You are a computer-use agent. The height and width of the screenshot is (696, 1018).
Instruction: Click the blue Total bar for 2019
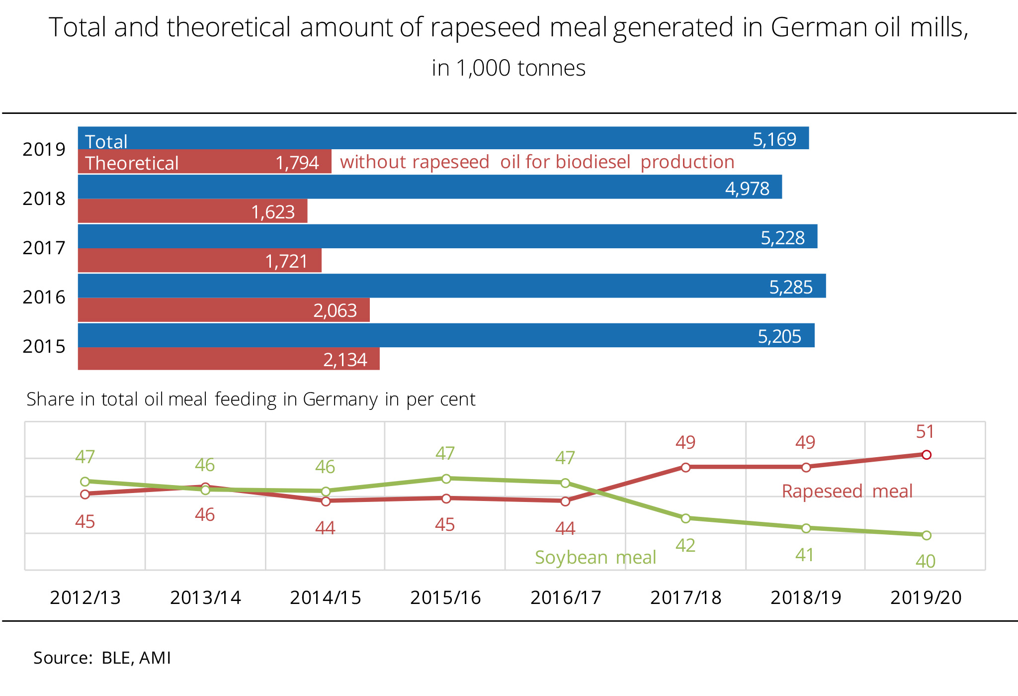(x=442, y=138)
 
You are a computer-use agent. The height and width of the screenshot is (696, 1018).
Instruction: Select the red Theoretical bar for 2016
(x=224, y=310)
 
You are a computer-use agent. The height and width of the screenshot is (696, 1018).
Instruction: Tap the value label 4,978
(x=747, y=189)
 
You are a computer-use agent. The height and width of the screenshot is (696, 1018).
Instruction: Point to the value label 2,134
(x=345, y=360)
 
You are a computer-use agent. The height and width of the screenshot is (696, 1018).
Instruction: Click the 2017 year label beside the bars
(x=44, y=248)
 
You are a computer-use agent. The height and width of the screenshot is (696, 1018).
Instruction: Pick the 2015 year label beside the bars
(x=44, y=346)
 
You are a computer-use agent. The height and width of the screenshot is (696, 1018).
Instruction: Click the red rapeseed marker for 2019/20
(x=927, y=455)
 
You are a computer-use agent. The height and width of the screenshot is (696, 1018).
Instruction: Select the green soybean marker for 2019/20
(x=927, y=535)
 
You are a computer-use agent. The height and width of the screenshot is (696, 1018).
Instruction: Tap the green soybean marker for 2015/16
(x=446, y=479)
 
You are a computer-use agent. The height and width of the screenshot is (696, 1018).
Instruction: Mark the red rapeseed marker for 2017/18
(x=685, y=467)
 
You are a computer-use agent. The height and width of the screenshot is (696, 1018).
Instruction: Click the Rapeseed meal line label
(x=847, y=492)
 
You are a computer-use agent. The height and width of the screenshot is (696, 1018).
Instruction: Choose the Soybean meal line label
(x=595, y=557)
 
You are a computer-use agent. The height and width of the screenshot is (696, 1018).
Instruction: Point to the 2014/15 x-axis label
(x=326, y=597)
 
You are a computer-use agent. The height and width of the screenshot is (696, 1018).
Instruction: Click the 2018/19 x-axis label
(x=806, y=597)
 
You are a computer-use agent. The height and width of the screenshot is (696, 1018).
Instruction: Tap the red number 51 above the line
(x=925, y=432)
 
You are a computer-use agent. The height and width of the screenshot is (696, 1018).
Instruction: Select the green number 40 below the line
(x=926, y=562)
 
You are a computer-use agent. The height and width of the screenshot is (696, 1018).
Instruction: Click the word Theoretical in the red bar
(x=132, y=163)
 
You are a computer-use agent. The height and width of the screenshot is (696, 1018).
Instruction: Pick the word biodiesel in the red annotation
(x=599, y=162)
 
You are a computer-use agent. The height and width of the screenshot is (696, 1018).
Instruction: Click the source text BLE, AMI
(x=136, y=658)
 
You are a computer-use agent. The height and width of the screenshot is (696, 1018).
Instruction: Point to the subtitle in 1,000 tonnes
(x=509, y=68)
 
